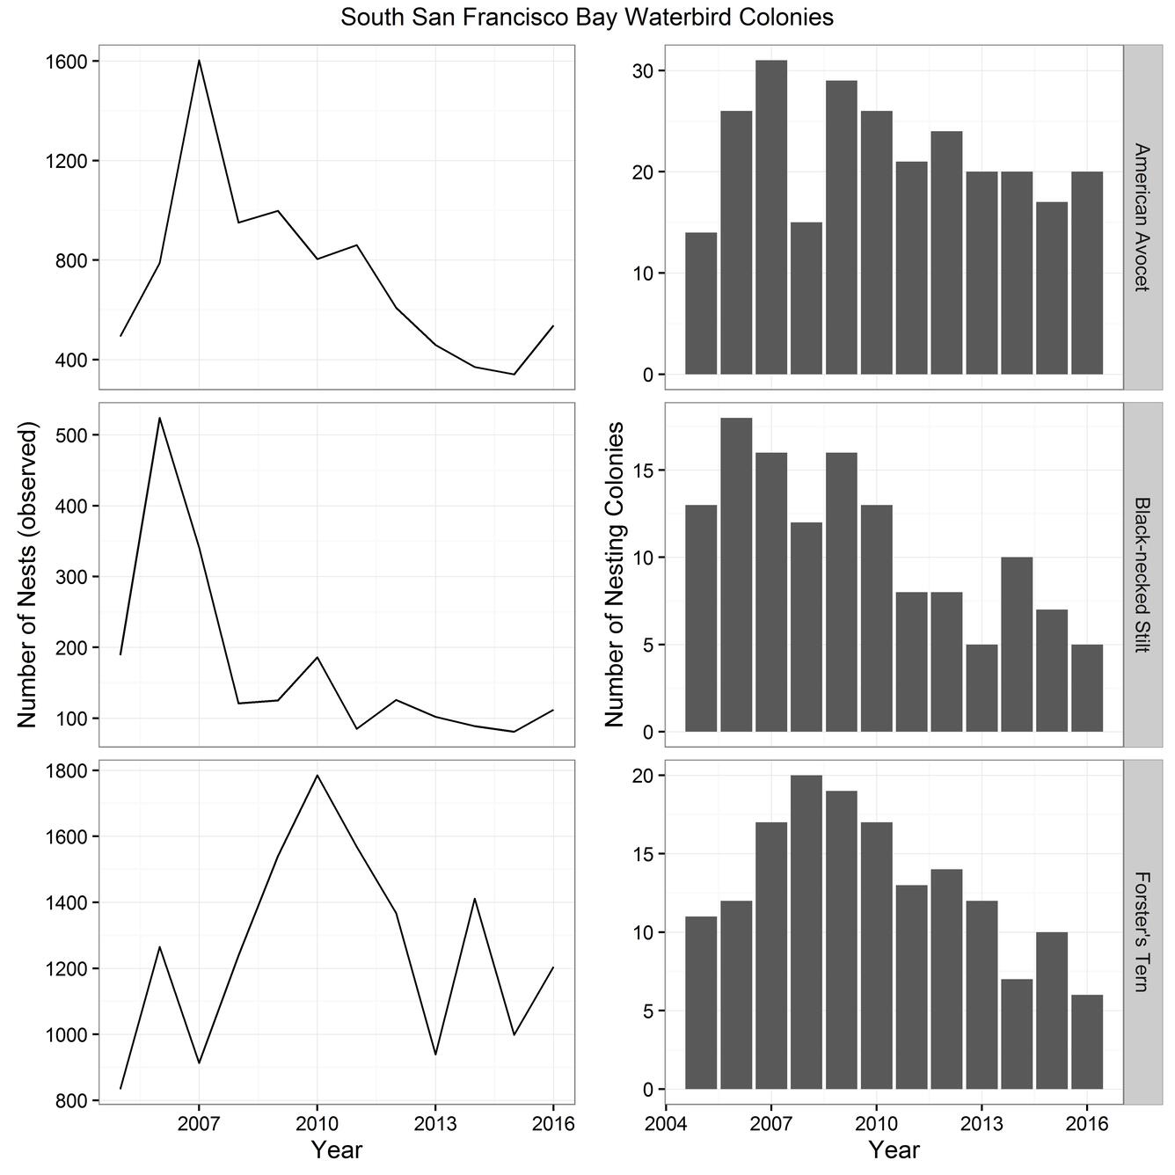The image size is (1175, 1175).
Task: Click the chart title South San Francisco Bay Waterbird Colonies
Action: (x=587, y=17)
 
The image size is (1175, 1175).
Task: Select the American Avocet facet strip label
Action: (x=1141, y=216)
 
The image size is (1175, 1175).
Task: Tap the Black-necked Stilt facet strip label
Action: (x=1141, y=574)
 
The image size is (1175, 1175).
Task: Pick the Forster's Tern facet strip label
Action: (x=1141, y=931)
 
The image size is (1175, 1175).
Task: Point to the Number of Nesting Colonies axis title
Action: (x=615, y=574)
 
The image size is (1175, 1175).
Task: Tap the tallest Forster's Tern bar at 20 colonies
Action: (x=806, y=932)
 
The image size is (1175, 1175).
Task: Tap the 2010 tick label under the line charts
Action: (x=317, y=1124)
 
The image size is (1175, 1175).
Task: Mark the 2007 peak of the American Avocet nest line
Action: (x=200, y=61)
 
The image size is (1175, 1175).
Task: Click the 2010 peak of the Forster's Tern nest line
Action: (x=317, y=775)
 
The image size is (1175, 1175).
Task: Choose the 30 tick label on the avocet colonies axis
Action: (x=645, y=71)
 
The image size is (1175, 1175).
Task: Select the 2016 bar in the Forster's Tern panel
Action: (x=1087, y=1042)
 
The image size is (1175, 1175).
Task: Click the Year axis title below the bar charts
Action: (x=894, y=1149)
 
